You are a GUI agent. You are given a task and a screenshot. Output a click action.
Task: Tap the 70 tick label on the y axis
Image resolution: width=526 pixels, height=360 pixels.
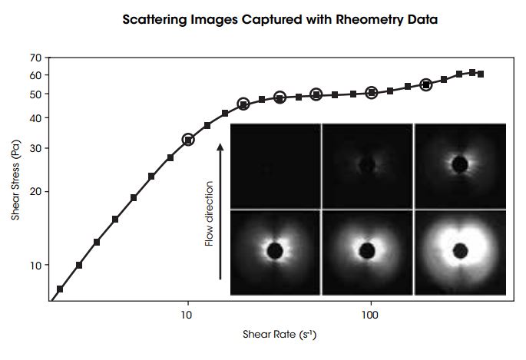click(35, 58)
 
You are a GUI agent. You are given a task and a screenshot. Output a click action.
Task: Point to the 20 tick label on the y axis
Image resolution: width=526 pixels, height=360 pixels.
click(35, 191)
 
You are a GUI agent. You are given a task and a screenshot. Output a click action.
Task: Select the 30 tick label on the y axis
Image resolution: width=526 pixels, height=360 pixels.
click(35, 148)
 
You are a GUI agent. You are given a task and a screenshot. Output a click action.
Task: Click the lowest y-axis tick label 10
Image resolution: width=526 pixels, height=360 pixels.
click(35, 265)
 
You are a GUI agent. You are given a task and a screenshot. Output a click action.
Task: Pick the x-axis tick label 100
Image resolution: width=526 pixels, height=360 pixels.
click(371, 315)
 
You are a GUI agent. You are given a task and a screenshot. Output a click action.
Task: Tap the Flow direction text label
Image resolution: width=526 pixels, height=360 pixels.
click(208, 214)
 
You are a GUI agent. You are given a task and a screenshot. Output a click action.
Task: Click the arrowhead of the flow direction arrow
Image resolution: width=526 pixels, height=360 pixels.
click(221, 144)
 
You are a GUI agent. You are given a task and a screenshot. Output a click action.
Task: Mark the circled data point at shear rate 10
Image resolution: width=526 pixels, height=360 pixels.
click(188, 140)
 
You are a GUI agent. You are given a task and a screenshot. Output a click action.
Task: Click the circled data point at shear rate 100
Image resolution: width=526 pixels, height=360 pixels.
click(372, 93)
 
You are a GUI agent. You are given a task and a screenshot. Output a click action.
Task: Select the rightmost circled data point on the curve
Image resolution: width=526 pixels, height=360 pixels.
click(426, 85)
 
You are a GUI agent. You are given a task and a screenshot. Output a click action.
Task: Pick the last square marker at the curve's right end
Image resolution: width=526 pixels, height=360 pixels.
click(481, 74)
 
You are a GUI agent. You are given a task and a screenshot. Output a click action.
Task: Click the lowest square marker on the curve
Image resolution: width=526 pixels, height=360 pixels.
click(60, 289)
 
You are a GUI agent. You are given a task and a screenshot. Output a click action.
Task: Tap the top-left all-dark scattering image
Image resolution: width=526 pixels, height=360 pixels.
click(275, 165)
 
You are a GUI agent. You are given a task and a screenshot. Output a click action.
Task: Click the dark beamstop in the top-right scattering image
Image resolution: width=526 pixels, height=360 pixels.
click(461, 163)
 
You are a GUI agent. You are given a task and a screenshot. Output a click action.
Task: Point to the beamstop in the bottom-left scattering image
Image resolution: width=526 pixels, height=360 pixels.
click(275, 251)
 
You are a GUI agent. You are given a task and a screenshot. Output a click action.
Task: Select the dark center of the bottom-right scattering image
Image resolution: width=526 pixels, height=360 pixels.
click(461, 251)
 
